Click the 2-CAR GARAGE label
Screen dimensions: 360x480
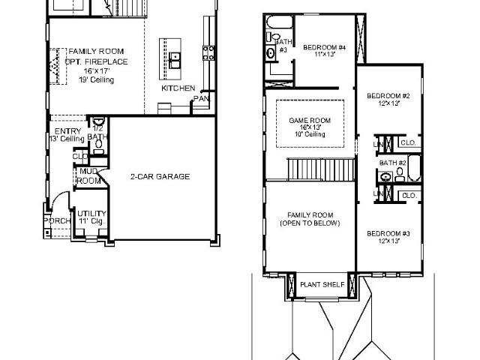click(x=160, y=177)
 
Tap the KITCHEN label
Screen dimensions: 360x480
click(x=178, y=88)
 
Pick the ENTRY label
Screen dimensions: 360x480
click(x=67, y=131)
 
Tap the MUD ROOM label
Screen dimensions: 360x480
click(x=89, y=176)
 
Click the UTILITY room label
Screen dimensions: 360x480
click(x=91, y=214)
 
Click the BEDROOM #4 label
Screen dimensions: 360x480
click(x=324, y=48)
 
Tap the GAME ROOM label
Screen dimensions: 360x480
click(x=310, y=120)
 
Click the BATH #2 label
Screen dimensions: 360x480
click(x=392, y=163)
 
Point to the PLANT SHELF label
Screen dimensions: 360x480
click(x=322, y=285)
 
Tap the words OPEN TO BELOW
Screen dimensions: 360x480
click(x=310, y=223)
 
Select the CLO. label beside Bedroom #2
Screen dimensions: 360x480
click(x=409, y=142)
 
